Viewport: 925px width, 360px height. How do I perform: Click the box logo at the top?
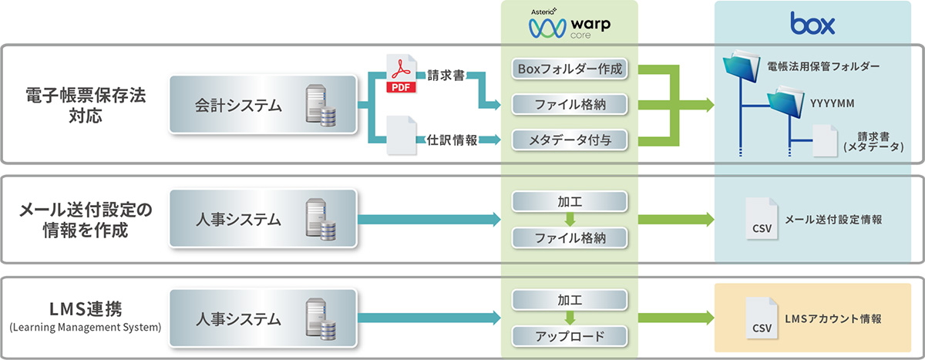pos(812,25)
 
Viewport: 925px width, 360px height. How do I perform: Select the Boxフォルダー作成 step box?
pos(570,70)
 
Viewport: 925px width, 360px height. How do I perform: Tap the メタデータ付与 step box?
pos(570,140)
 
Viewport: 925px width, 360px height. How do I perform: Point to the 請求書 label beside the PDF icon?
pos(445,76)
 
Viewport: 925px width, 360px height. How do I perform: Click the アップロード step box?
pos(570,336)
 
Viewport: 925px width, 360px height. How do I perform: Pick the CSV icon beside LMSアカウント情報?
pos(762,318)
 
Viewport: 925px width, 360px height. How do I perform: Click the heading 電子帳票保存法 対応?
pos(85,107)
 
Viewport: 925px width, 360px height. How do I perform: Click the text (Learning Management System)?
pos(85,328)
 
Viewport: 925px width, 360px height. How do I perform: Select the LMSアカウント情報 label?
pos(832,318)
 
